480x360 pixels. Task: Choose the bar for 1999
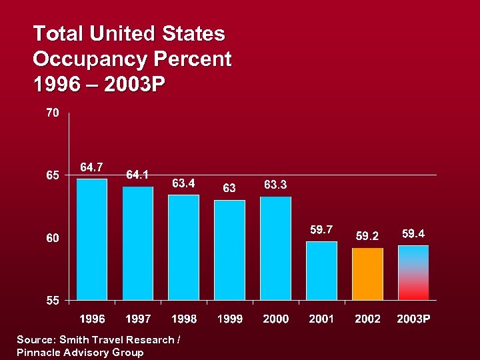point(229,249)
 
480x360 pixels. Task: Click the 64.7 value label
point(92,167)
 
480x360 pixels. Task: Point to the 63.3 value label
point(275,184)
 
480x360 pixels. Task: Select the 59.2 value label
point(367,236)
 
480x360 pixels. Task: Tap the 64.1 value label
point(137,175)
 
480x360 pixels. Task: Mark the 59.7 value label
point(321,229)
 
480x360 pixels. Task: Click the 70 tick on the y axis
point(52,113)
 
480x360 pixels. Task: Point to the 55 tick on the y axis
point(52,301)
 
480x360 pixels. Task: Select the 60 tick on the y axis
point(52,238)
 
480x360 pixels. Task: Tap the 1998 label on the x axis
point(184,319)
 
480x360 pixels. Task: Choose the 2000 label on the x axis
point(275,319)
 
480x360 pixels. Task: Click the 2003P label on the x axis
point(413,319)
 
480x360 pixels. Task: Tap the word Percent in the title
point(193,60)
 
